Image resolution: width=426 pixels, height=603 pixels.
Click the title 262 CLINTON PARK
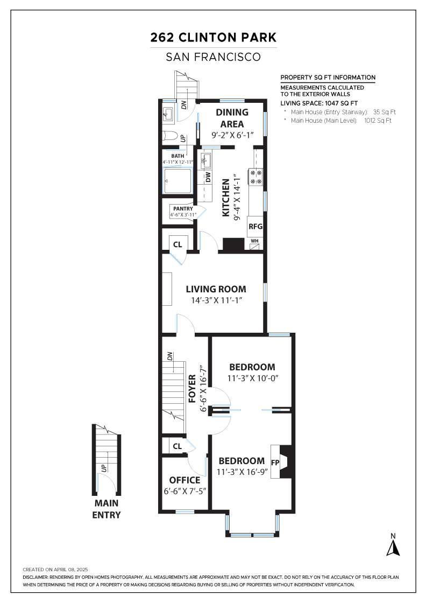[x=213, y=37]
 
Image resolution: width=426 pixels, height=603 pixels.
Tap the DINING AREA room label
[x=232, y=118]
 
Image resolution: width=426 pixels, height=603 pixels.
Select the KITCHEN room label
[x=226, y=198]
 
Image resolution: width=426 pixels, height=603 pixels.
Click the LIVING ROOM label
[x=216, y=289]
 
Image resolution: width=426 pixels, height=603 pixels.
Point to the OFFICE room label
[x=185, y=480]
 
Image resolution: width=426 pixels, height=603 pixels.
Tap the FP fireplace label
[x=275, y=462]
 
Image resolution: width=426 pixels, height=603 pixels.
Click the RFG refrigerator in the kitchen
[x=255, y=226]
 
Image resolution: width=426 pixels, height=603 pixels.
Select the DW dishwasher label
[x=208, y=177]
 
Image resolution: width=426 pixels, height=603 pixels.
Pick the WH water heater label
[x=254, y=241]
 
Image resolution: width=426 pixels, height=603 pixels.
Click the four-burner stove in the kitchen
[x=256, y=177]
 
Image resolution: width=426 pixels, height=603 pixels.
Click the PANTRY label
[x=183, y=209]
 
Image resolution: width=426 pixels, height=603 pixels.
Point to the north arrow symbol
[x=393, y=548]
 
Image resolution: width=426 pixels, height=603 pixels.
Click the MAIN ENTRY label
[x=106, y=509]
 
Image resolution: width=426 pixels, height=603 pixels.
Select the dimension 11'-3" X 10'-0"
[x=253, y=378]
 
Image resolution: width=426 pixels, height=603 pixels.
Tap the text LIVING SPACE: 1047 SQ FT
[x=319, y=103]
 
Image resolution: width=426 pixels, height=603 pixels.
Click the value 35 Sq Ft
[x=384, y=112]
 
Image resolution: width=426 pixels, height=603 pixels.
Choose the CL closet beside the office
[x=177, y=446]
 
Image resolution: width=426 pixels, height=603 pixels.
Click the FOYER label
[x=192, y=388]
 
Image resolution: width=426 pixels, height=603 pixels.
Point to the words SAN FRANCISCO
[x=213, y=57]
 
